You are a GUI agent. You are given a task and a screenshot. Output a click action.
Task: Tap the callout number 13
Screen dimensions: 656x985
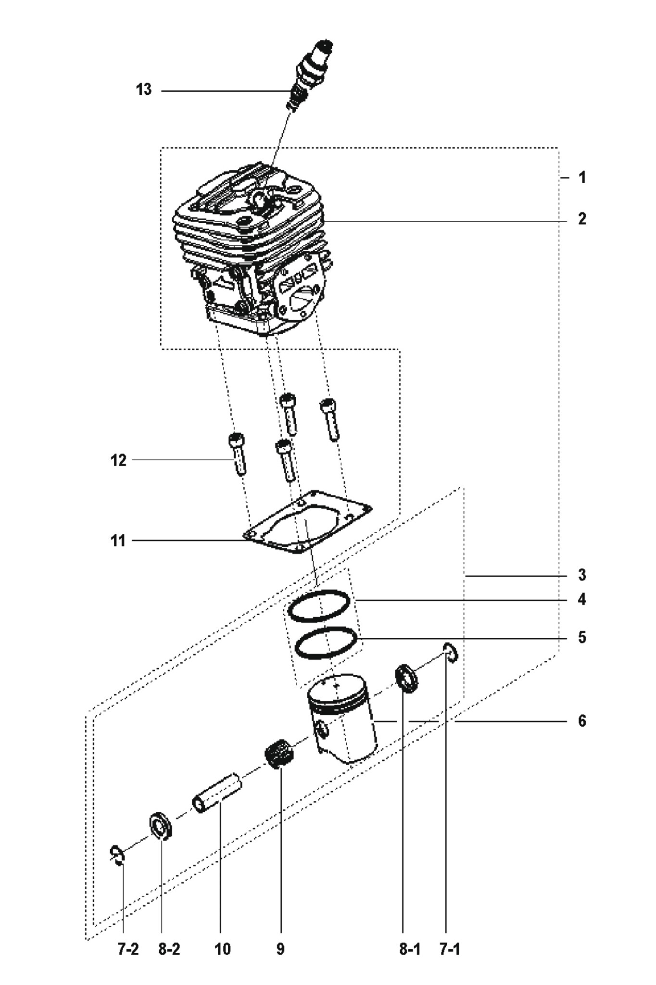[x=143, y=89]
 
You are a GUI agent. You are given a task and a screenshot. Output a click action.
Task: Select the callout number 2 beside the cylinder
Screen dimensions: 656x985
[x=582, y=219]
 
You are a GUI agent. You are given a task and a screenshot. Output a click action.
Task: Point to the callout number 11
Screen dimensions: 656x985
[x=118, y=541]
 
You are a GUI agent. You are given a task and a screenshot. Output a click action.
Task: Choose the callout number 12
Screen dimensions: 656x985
[x=118, y=460]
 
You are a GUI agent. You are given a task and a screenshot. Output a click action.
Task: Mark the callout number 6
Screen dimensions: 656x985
[x=582, y=721]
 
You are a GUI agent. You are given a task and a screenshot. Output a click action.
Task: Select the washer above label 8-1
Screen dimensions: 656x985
[x=407, y=678]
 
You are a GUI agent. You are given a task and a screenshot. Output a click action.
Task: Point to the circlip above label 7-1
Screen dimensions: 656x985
[x=451, y=653]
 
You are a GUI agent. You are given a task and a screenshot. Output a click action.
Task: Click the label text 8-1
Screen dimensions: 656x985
[x=410, y=949]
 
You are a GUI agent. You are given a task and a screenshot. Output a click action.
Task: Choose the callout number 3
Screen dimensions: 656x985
[x=582, y=575]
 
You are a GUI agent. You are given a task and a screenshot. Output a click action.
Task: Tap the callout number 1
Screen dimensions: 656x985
[x=582, y=177]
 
